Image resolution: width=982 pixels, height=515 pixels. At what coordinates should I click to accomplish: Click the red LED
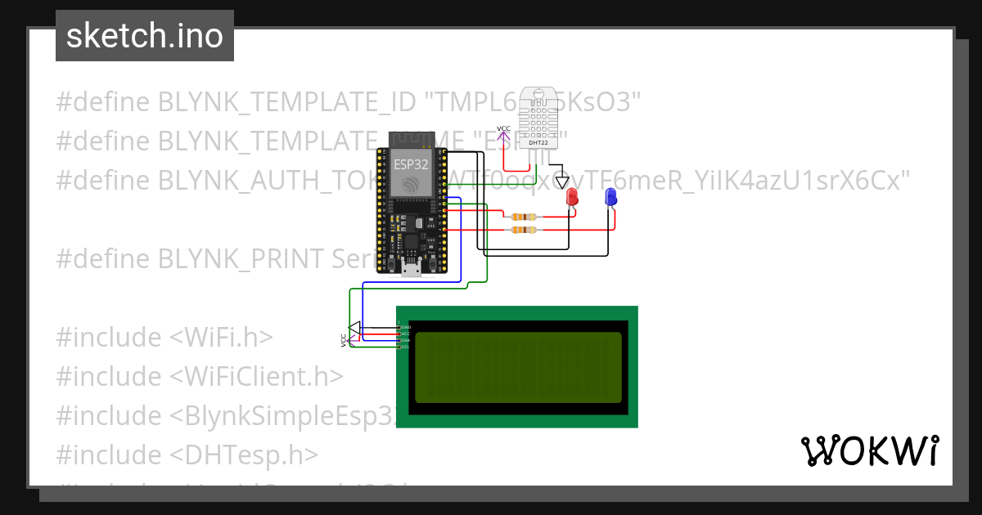point(571,197)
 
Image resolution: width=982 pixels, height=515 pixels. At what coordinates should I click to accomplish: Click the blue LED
point(610,197)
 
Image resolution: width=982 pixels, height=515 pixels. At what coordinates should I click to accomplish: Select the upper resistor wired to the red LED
point(521,217)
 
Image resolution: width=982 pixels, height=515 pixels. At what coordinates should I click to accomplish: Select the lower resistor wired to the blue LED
point(521,231)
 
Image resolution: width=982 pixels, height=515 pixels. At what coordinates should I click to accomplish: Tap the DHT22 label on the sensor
point(538,142)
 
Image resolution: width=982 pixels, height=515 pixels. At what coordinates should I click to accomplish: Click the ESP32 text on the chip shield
point(411,163)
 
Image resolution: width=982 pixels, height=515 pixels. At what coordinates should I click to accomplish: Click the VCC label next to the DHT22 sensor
point(503,129)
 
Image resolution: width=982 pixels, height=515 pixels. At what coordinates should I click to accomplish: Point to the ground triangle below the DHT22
point(561,182)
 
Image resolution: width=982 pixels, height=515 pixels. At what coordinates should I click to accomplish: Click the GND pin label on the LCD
point(405,327)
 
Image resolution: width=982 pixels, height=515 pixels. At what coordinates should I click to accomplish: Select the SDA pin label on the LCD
point(405,340)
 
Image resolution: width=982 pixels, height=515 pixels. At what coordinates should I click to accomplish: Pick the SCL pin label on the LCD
point(405,347)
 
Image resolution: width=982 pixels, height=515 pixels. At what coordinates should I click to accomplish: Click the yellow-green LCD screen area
point(518,367)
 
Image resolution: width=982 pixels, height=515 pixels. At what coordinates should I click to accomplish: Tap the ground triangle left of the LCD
point(354,329)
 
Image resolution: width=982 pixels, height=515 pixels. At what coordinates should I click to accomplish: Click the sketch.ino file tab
point(145,36)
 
